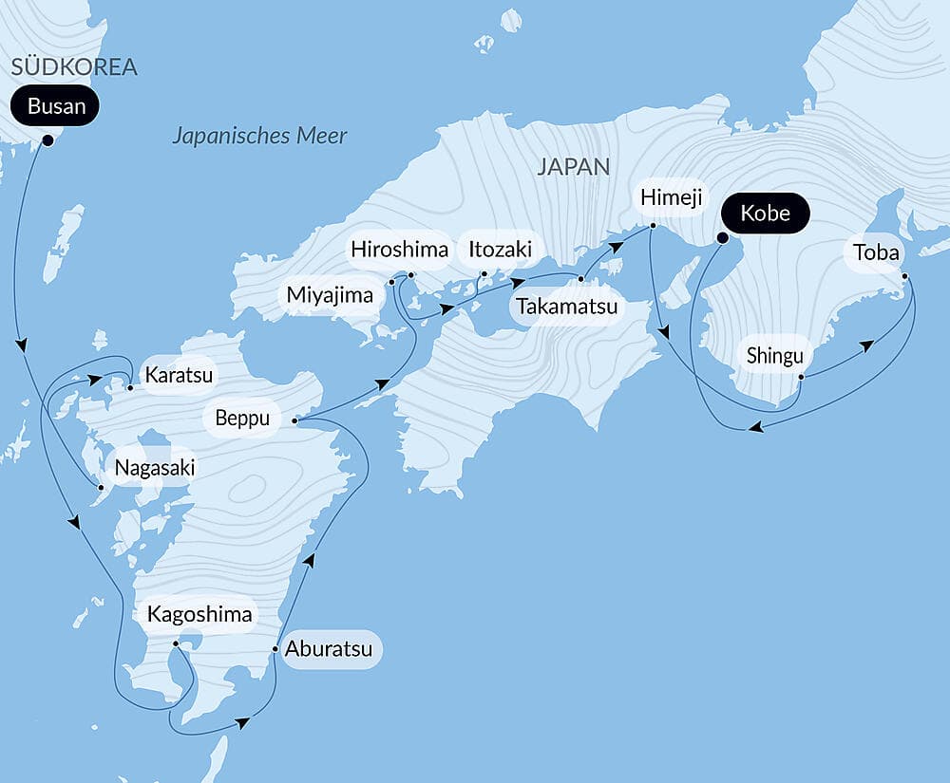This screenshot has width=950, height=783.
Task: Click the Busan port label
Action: pos(56,106)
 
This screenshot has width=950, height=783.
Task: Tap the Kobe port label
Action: pos(765,213)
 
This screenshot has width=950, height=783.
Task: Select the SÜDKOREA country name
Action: pos(74,66)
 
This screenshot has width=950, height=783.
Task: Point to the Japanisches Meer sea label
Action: pos(259,136)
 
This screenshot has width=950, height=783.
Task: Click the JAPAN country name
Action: pos(573,167)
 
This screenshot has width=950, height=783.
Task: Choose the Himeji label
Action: pos(671,197)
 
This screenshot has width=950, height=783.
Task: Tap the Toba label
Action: pos(876,252)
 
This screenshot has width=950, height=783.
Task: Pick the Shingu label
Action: pos(774,356)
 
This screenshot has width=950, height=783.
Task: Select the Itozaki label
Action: pos(500,251)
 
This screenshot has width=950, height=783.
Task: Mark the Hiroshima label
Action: pos(399,250)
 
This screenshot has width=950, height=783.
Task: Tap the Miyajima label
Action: pos(330,295)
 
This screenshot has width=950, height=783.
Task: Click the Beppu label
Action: pos(242,418)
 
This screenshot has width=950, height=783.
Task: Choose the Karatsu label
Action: pos(179,374)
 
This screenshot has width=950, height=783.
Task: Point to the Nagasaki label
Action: pos(154,467)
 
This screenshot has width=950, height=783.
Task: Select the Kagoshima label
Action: pos(199,614)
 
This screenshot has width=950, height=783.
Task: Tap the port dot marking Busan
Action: pos(47,141)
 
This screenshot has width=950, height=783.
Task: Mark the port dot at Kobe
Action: pos(721,238)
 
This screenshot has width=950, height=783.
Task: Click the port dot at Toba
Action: pos(904,277)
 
